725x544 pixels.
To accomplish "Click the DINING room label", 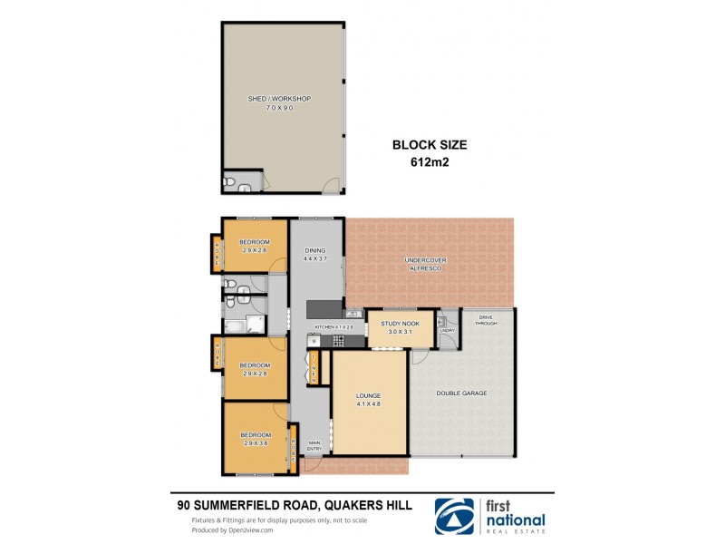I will pyautogui.click(x=314, y=251).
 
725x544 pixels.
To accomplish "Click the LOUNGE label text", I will pyautogui.click(x=368, y=396).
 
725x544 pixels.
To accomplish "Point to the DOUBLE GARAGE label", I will pyautogui.click(x=461, y=393).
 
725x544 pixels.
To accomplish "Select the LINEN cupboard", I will pyautogui.click(x=313, y=367).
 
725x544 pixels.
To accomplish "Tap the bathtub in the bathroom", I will pyautogui.click(x=233, y=325).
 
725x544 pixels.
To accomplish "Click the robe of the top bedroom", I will pyautogui.click(x=217, y=253).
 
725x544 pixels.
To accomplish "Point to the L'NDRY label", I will pyautogui.click(x=447, y=330).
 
